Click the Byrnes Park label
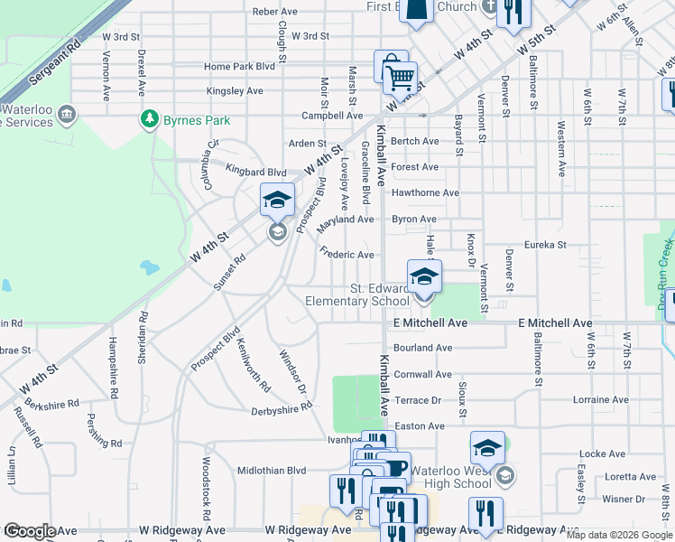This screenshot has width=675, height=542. [x=196, y=120]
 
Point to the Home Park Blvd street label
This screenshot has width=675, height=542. [x=239, y=67]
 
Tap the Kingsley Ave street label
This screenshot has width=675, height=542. [x=235, y=91]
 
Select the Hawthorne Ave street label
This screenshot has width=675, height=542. [x=426, y=192]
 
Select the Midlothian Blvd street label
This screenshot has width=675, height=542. [x=272, y=471]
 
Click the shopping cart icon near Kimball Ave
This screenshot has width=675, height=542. [x=399, y=79]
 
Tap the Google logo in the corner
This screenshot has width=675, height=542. [x=29, y=531]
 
